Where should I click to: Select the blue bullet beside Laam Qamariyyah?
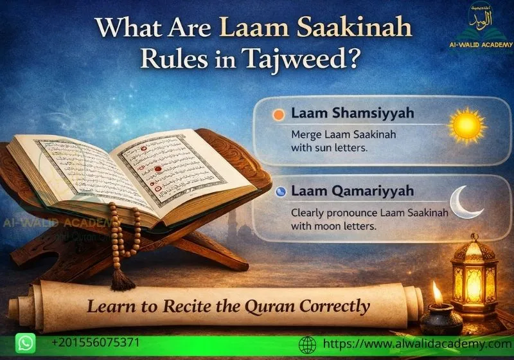tap(279, 192)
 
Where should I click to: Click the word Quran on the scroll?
tap(264, 306)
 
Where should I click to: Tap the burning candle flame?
tap(438, 292)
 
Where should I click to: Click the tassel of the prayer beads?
tap(119, 278)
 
